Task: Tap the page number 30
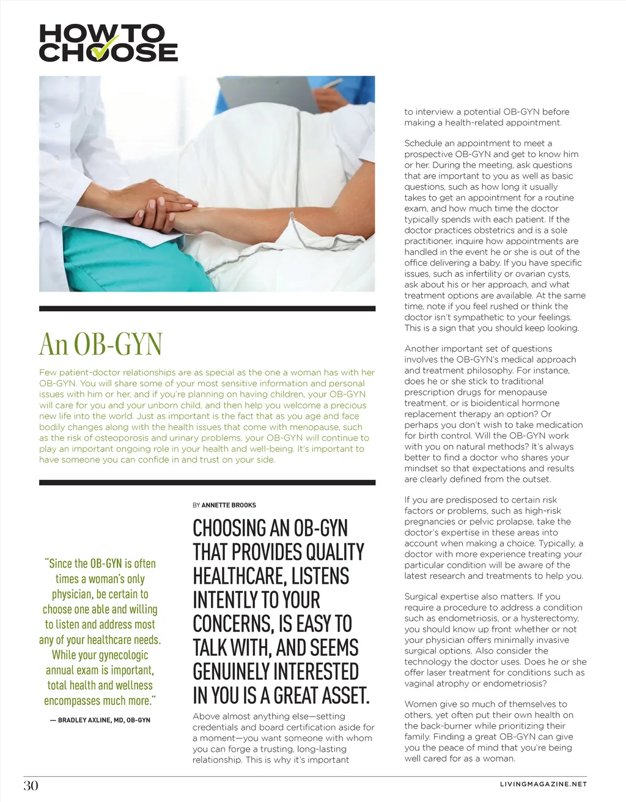[x=31, y=785]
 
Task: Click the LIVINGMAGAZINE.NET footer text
[x=543, y=784]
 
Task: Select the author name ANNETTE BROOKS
[x=229, y=505]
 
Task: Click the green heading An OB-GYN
[x=100, y=344]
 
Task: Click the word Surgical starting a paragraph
[x=422, y=597]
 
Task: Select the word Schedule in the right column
[x=422, y=143]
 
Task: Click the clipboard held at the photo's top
[x=269, y=92]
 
